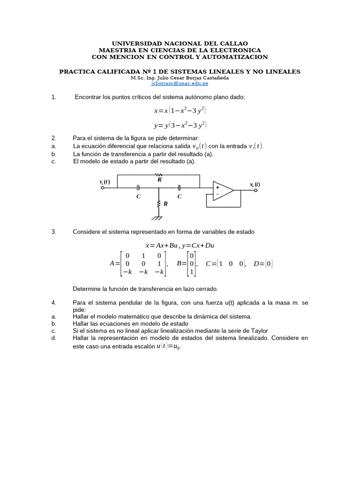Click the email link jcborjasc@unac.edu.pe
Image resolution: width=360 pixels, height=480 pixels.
click(x=180, y=83)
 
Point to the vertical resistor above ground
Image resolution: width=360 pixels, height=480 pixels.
click(x=159, y=204)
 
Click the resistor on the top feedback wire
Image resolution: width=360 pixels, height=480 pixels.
click(x=159, y=175)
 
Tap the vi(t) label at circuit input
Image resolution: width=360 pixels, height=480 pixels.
click(x=105, y=182)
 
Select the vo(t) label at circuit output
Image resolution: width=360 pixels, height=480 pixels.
click(x=255, y=184)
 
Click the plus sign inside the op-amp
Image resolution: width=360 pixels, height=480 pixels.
click(x=217, y=187)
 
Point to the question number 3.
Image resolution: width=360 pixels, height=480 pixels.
click(x=54, y=232)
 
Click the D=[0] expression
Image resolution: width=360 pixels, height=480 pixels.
click(x=262, y=263)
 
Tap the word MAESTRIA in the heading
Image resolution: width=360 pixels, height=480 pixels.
click(x=118, y=50)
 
